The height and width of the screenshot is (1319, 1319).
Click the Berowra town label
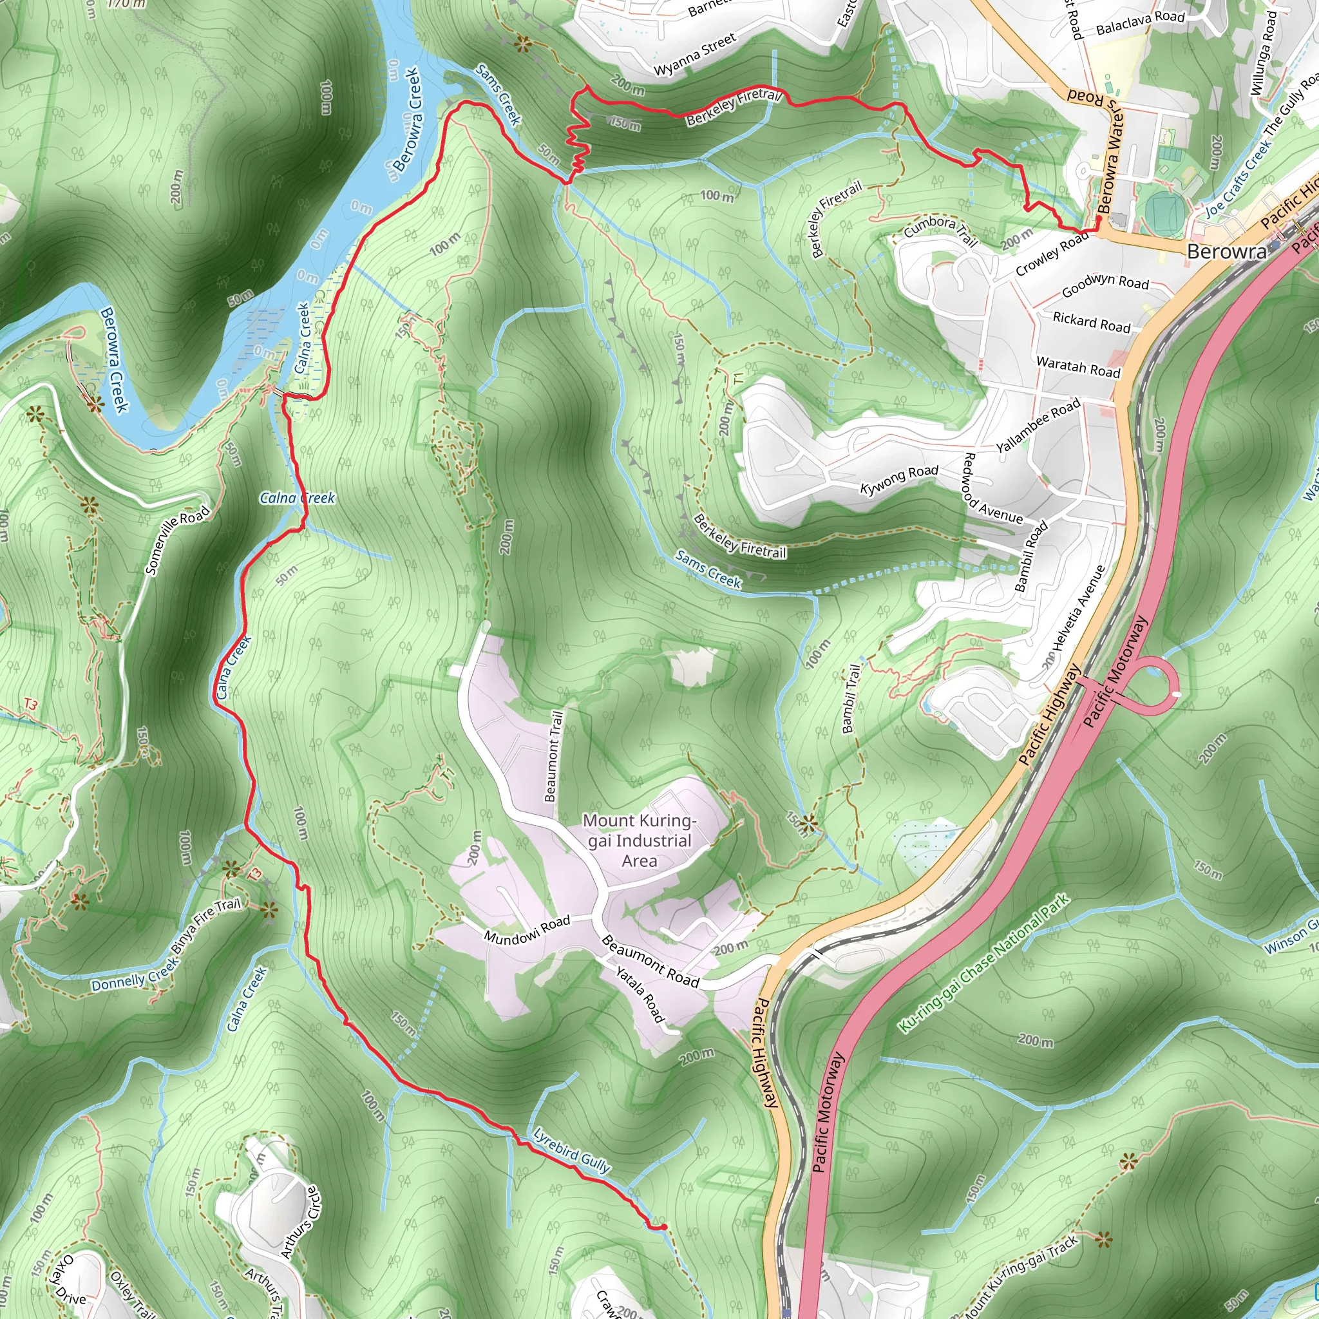point(1226,251)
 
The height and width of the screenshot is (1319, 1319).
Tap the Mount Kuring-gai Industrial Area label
point(639,840)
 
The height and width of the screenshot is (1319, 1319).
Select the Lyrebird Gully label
point(571,1151)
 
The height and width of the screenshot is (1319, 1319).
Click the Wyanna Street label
point(695,54)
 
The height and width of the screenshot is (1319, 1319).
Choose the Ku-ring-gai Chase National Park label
point(983,963)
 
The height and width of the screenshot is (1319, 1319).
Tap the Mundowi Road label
point(526,930)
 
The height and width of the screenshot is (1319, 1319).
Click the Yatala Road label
point(640,994)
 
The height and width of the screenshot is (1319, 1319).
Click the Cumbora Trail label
point(940,229)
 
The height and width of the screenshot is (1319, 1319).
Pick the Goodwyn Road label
point(1105,285)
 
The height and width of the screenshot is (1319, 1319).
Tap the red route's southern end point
point(663,1227)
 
